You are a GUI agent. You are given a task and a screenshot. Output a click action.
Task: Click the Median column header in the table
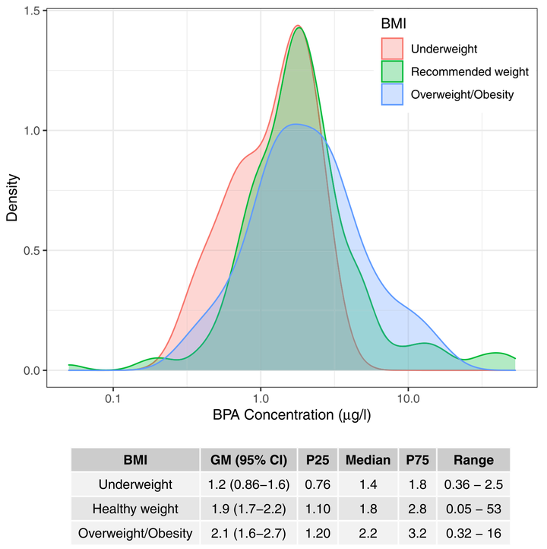click(x=368, y=460)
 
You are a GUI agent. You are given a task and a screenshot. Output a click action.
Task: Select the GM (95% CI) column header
click(x=248, y=460)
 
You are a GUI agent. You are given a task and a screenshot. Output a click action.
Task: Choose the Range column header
click(x=473, y=460)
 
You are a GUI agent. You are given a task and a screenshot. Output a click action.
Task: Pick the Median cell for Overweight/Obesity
click(x=368, y=532)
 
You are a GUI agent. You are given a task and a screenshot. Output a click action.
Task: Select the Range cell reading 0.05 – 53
click(x=473, y=508)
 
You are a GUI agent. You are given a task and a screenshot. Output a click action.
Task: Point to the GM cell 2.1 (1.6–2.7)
click(x=248, y=532)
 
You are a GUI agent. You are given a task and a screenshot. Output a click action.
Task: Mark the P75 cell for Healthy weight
click(x=417, y=508)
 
